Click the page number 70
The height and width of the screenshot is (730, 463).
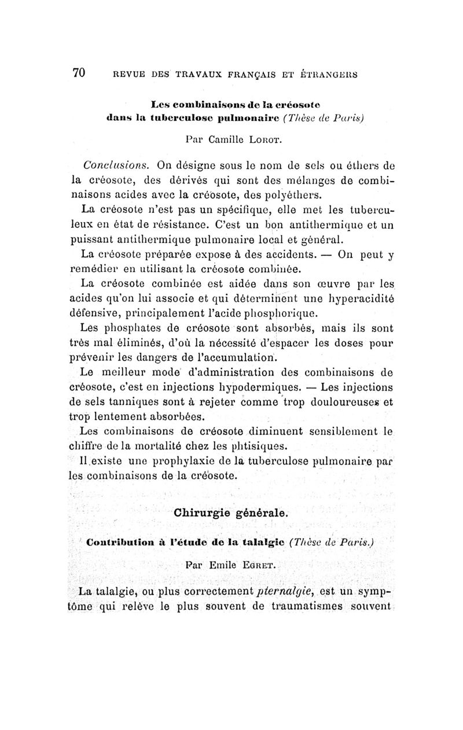[79, 73]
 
